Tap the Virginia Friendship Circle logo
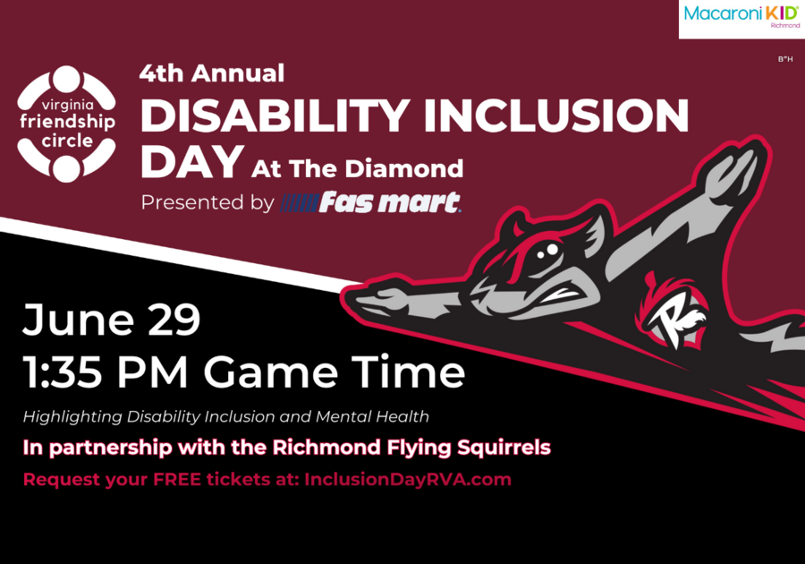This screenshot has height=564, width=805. (67, 124)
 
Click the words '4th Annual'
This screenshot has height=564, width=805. (211, 73)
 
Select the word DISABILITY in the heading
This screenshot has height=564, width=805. (275, 115)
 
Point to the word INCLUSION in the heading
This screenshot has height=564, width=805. (556, 115)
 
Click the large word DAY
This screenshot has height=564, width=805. (192, 161)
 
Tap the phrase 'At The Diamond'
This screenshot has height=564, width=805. (357, 168)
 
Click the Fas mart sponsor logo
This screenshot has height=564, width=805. (370, 201)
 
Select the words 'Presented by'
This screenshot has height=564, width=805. (208, 202)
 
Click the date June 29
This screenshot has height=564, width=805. (112, 320)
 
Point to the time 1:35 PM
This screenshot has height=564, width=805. (106, 372)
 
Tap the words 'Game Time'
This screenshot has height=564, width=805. (335, 372)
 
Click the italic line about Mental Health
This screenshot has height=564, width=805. (226, 416)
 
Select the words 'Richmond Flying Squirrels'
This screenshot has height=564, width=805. (411, 448)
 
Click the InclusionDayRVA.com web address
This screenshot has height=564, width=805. (408, 479)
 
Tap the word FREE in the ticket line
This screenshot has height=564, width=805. (177, 479)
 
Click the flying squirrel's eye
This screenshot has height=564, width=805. (547, 252)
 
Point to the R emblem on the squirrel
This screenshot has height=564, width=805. (674, 314)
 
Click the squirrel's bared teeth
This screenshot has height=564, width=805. (561, 295)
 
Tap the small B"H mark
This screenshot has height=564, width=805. (785, 59)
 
